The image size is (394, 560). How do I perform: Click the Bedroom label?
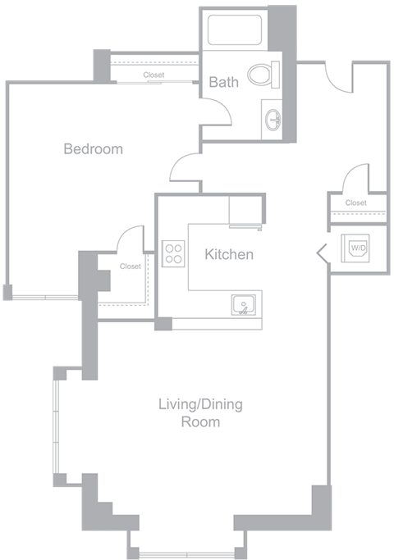coord(94,149)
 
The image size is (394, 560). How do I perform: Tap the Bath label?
coord(223,82)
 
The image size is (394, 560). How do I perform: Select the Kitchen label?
coord(229,255)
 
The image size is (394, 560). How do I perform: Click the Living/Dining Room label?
coord(200,413)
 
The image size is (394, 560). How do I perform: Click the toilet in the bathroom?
coord(262,76)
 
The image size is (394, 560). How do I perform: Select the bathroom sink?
coord(273,121)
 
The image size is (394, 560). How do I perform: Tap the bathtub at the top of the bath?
coord(236,30)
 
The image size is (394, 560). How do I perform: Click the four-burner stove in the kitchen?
coord(173,253)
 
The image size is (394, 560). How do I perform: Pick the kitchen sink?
coord(243,307)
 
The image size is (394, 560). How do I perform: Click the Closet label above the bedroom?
coord(153,75)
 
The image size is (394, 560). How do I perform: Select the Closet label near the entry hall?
coord(355,203)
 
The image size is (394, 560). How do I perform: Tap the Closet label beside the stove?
coord(130,266)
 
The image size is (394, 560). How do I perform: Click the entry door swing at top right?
coord(339,78)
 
